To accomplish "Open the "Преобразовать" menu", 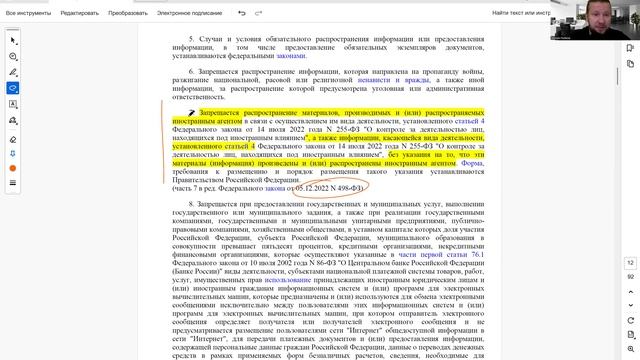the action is (129, 13).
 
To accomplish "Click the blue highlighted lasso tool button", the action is (13, 87).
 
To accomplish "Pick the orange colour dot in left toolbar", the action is (13, 168).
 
